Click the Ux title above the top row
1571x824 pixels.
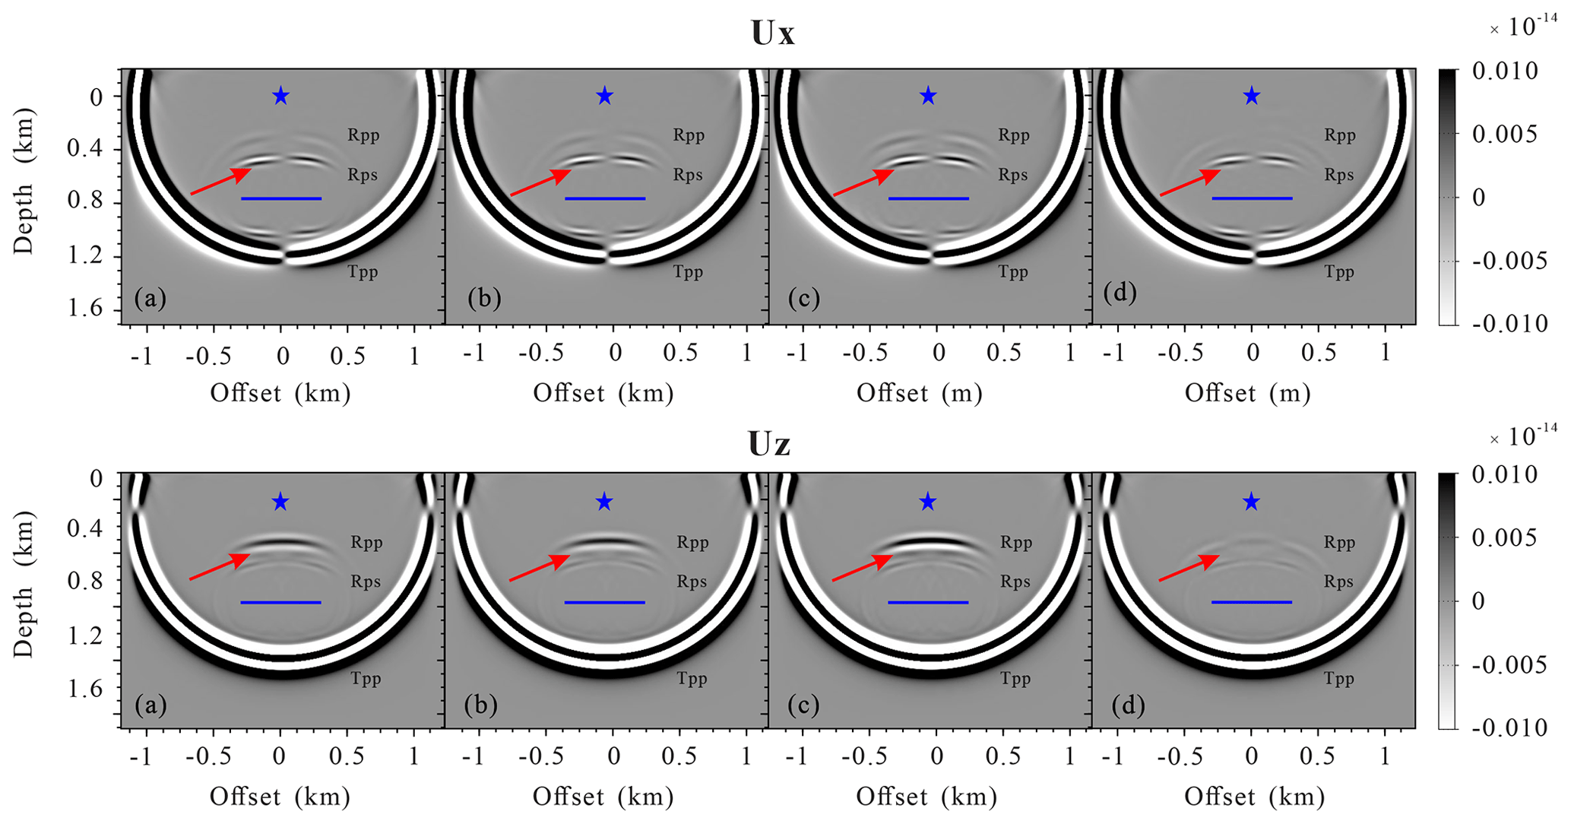[x=772, y=33]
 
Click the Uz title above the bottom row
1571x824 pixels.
[x=769, y=444]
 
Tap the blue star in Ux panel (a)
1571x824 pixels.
[x=281, y=96]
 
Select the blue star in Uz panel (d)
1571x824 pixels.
[x=1251, y=502]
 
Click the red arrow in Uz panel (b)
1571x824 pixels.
[x=540, y=568]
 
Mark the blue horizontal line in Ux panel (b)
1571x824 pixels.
[x=605, y=198]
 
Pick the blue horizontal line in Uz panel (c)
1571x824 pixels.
[x=928, y=602]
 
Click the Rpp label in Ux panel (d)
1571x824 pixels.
[x=1339, y=135]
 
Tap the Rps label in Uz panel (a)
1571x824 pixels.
[x=366, y=582]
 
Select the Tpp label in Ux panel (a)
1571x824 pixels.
[x=363, y=271]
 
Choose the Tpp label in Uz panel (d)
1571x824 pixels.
[x=1338, y=678]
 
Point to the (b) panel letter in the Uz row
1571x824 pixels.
[x=480, y=705]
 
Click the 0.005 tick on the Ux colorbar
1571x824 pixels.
[x=1504, y=135]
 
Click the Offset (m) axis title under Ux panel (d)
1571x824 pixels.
[x=1247, y=393]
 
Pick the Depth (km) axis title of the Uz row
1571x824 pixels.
[x=24, y=584]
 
